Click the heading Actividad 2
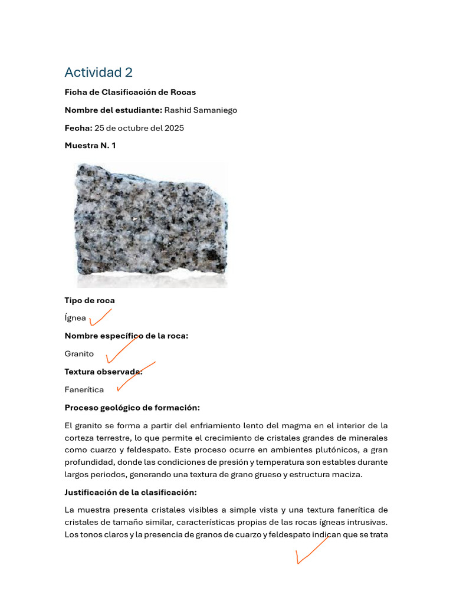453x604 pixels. [99, 73]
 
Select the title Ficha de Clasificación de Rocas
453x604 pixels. [130, 92]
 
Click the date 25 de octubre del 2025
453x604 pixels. [139, 128]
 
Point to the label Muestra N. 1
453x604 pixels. [90, 146]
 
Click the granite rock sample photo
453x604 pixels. [151, 222]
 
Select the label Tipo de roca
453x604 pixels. [90, 300]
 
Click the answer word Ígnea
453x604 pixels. [75, 319]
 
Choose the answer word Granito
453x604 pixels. [79, 354]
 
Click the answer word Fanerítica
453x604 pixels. [84, 390]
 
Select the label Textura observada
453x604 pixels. [103, 372]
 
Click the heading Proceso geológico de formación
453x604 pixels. [132, 408]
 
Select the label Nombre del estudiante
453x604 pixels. [113, 110]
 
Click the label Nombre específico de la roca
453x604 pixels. [126, 336]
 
